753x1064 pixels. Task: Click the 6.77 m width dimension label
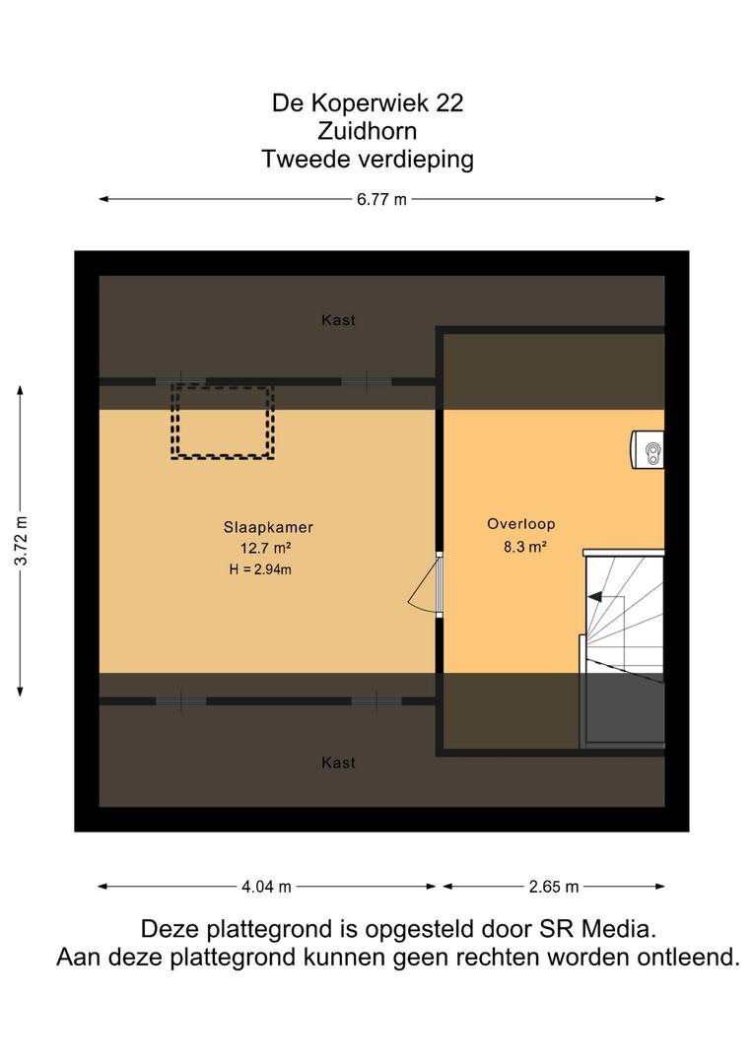pyautogui.click(x=381, y=199)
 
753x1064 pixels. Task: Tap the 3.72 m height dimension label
pyautogui.click(x=22, y=541)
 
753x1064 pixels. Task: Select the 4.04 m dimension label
pyautogui.click(x=266, y=887)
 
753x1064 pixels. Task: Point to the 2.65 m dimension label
pyautogui.click(x=553, y=887)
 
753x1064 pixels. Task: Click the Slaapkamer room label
pyautogui.click(x=268, y=527)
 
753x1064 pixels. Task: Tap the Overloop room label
pyautogui.click(x=520, y=524)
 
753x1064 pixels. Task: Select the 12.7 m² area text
pyautogui.click(x=265, y=548)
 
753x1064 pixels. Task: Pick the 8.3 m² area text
pyautogui.click(x=525, y=546)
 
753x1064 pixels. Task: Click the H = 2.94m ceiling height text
pyautogui.click(x=260, y=569)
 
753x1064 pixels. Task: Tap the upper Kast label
pyautogui.click(x=338, y=319)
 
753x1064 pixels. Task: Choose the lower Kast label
pyautogui.click(x=338, y=763)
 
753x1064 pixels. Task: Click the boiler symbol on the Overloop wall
pyautogui.click(x=648, y=449)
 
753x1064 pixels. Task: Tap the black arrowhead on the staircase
pyautogui.click(x=594, y=597)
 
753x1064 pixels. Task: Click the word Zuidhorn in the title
pyautogui.click(x=368, y=131)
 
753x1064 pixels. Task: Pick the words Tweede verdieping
pyautogui.click(x=368, y=160)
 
